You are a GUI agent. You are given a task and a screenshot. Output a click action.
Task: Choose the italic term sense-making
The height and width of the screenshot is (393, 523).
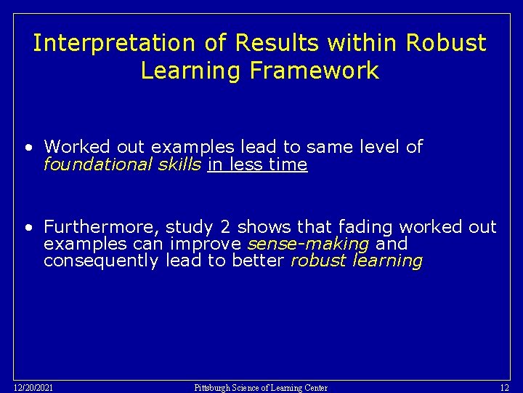[x=308, y=244]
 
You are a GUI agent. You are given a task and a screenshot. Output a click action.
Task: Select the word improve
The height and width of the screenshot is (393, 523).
[x=207, y=244]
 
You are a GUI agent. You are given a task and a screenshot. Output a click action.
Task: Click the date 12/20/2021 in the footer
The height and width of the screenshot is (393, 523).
[x=33, y=387]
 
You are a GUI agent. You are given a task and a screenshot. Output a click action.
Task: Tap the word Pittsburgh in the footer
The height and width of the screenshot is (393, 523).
[x=214, y=388]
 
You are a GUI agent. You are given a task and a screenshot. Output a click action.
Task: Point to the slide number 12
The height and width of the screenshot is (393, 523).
[x=505, y=387]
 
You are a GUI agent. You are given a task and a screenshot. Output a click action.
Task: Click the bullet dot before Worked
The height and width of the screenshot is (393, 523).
[x=28, y=148]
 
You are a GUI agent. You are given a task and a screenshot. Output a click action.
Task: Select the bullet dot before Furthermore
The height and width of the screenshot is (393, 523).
[x=28, y=227]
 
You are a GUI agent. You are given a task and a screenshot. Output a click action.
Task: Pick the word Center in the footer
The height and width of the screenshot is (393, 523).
[x=312, y=388]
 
